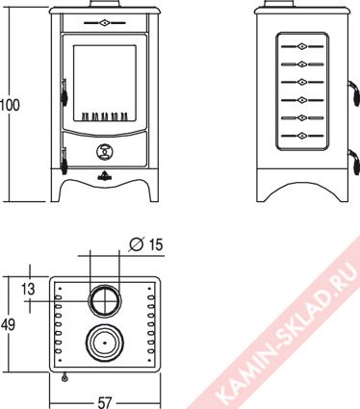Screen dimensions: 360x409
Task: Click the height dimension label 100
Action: (x=10, y=105)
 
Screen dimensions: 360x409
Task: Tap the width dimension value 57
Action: (x=104, y=402)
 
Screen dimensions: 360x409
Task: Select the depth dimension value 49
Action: (x=8, y=325)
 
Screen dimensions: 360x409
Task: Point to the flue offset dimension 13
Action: (x=28, y=289)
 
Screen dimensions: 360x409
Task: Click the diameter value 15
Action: (x=156, y=244)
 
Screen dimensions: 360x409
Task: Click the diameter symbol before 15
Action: (x=137, y=244)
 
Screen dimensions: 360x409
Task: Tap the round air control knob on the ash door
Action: (x=105, y=151)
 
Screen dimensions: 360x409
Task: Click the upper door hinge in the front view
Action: (x=64, y=92)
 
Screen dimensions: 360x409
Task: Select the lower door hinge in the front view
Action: (x=64, y=161)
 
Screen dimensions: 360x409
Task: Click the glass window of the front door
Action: (x=105, y=83)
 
